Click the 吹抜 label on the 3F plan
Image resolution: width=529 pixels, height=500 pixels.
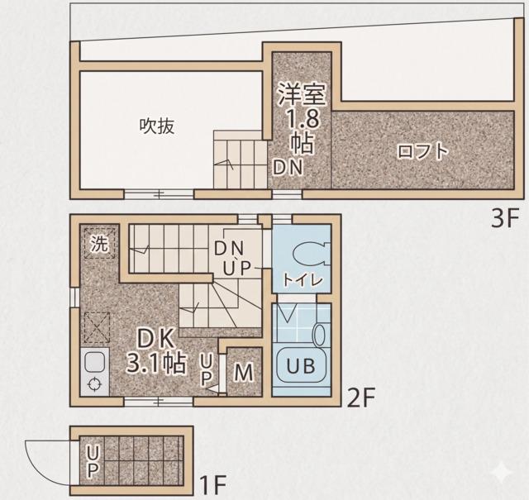tap(157, 126)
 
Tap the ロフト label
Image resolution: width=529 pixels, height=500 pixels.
tap(423, 150)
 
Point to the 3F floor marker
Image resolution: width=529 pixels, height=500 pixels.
tap(504, 219)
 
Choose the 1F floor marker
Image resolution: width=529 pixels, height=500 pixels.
tap(212, 484)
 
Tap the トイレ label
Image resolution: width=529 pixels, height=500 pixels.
tap(303, 279)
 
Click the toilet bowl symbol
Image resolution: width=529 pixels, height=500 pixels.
tap(312, 254)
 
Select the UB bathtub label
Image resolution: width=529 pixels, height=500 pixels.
tap(301, 365)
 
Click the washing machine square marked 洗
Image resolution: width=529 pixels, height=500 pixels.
tap(100, 243)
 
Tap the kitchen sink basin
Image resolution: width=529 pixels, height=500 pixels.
tap(94, 362)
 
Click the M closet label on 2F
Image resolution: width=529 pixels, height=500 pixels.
tap(244, 372)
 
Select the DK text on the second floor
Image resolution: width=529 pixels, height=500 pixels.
tap(155, 339)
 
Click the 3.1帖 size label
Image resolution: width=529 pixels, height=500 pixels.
tap(156, 363)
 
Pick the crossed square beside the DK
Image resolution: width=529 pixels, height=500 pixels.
tap(98, 327)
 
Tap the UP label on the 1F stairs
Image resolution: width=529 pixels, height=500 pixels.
tap(93, 461)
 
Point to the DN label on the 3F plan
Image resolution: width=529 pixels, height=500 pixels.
tap(288, 167)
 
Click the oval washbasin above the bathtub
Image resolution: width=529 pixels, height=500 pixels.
tap(319, 334)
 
